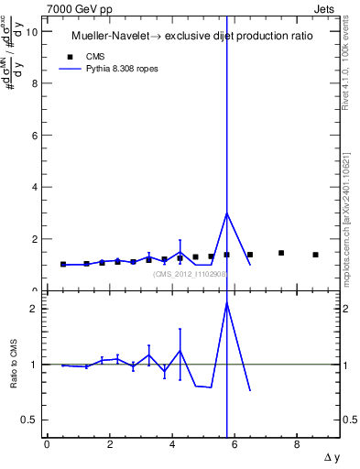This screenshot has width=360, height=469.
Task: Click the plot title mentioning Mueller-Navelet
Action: click(191, 36)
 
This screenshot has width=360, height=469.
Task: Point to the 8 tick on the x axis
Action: click(297, 444)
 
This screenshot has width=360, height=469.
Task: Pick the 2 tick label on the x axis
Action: click(109, 444)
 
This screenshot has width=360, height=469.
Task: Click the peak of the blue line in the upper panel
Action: click(226, 213)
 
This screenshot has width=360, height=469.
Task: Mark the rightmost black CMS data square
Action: click(315, 255)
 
